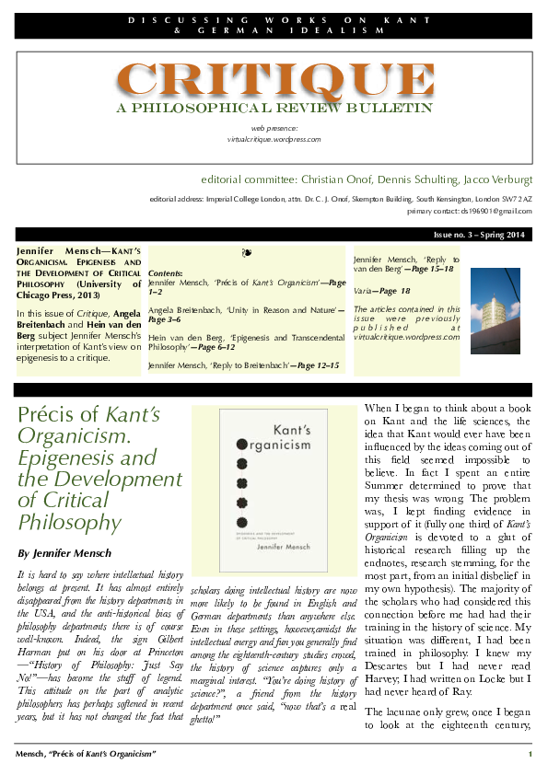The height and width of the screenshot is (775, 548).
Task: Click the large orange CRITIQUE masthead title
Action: (275, 80)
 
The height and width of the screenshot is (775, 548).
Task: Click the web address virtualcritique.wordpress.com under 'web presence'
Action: (274, 139)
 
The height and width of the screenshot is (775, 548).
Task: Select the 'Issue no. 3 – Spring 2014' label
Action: (479, 236)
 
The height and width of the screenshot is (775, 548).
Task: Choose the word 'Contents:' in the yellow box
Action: (166, 274)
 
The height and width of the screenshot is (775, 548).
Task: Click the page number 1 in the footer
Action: (530, 755)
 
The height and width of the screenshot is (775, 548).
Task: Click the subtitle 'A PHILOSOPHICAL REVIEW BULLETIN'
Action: (274, 109)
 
